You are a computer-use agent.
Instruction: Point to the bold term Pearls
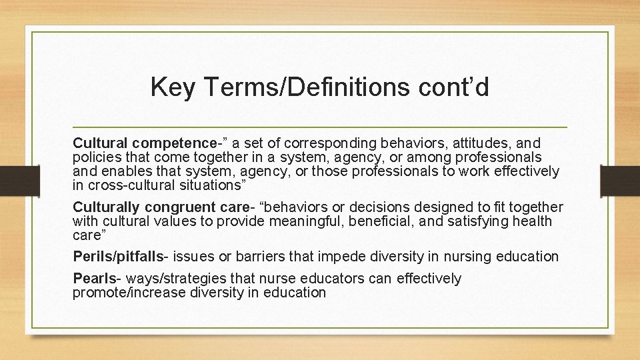coord(92,278)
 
